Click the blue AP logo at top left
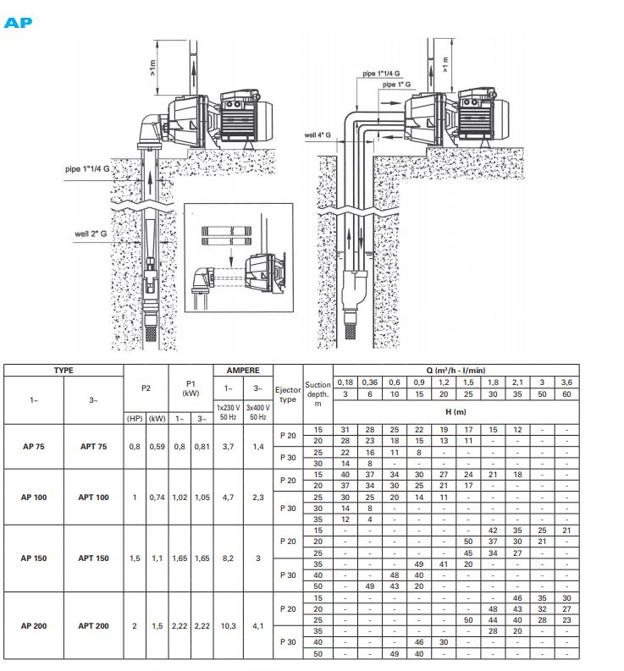[18, 23]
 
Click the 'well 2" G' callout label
[91, 234]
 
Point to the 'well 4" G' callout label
[318, 135]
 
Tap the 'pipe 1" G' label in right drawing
[396, 85]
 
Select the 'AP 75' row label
[34, 446]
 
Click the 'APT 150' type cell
[93, 558]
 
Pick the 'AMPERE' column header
[243, 370]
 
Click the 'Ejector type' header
[288, 394]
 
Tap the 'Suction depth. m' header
[318, 394]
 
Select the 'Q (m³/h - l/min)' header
[456, 370]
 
